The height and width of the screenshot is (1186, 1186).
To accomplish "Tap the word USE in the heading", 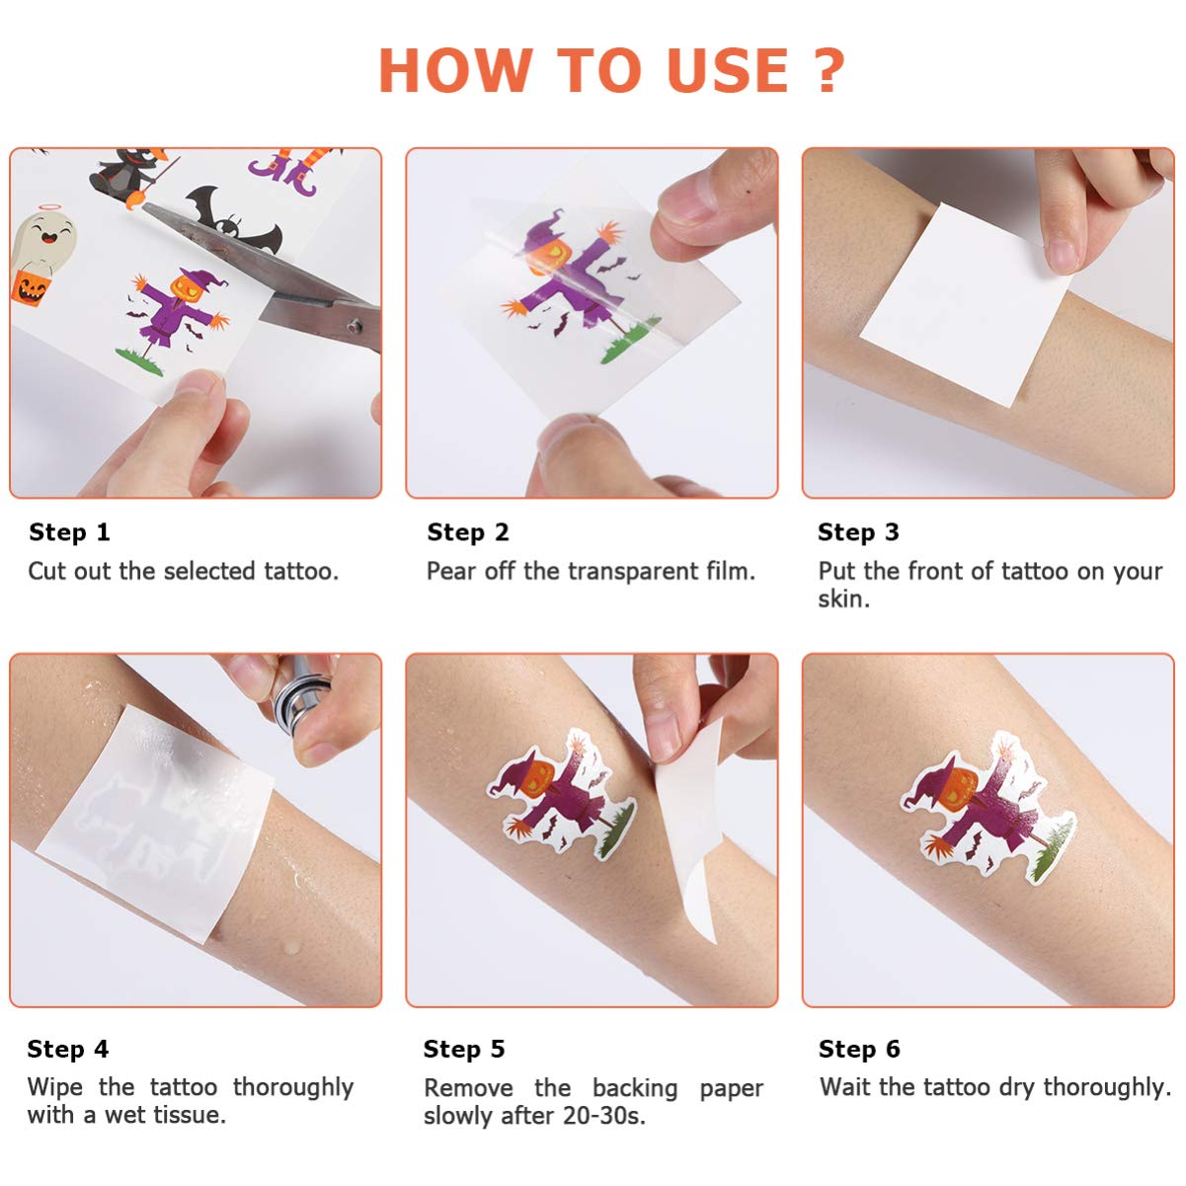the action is click(727, 70).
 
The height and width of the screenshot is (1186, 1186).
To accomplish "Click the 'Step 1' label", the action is click(69, 532).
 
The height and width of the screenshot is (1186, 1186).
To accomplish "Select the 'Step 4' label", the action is click(68, 1049).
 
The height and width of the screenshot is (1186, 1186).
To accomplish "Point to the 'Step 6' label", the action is click(859, 1049).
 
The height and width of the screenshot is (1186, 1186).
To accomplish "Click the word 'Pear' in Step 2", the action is click(451, 571).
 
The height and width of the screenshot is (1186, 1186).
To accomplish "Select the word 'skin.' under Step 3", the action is click(843, 598).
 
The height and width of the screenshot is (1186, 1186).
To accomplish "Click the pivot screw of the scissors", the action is click(354, 326).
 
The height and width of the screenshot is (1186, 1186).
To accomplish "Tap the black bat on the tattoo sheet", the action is click(233, 221).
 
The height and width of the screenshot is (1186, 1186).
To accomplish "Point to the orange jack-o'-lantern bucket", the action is click(30, 287).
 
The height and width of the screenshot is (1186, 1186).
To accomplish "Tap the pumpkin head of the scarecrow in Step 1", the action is click(187, 286).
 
